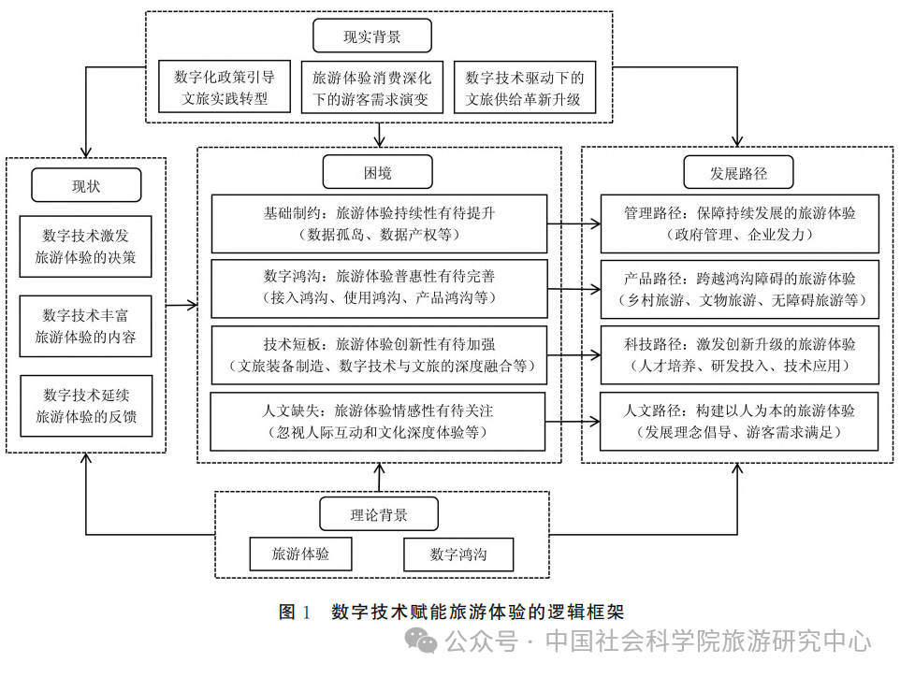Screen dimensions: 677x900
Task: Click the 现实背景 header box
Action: point(371,36)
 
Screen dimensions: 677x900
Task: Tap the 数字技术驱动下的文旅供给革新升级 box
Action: point(524,86)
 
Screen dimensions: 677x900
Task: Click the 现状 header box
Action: point(86,184)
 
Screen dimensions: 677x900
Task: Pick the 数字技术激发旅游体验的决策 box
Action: point(86,245)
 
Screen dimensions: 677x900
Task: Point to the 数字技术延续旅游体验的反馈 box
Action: point(86,405)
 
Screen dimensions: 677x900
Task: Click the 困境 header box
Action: point(377,172)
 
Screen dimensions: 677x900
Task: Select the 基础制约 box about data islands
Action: point(378,223)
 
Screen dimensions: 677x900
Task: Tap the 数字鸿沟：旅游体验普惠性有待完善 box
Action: point(378,288)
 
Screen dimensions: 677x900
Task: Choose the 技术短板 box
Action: point(378,353)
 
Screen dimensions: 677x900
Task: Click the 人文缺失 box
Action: point(378,420)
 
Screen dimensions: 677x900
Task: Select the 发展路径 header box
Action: point(738,172)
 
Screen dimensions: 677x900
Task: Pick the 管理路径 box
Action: point(739,223)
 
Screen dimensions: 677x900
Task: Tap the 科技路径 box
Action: point(739,353)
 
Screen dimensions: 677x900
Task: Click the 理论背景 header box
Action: point(378,513)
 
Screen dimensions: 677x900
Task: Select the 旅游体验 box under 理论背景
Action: point(300,554)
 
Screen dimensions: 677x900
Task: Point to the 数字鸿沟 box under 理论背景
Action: point(458,554)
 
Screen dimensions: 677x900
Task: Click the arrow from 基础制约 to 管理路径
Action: point(573,224)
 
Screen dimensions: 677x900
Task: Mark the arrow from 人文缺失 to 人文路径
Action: point(573,421)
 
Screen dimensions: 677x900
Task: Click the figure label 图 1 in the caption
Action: point(294,612)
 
